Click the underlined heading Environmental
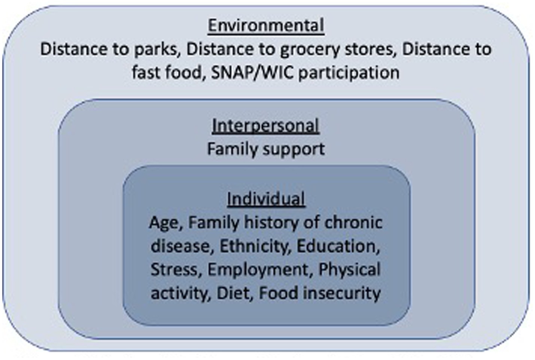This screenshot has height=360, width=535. coord(266,25)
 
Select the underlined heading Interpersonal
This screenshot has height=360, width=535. coord(265,126)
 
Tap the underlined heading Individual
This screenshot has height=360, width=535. coord(266,199)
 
